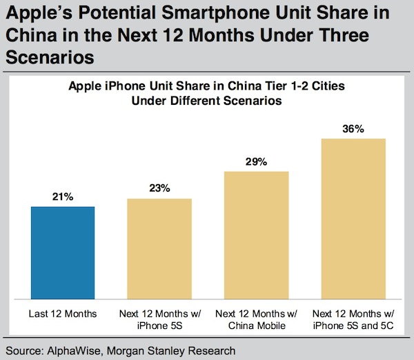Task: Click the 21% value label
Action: [x=62, y=197]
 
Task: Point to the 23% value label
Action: [x=159, y=188]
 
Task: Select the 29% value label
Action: [x=257, y=161]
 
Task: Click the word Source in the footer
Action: [x=23, y=350]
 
